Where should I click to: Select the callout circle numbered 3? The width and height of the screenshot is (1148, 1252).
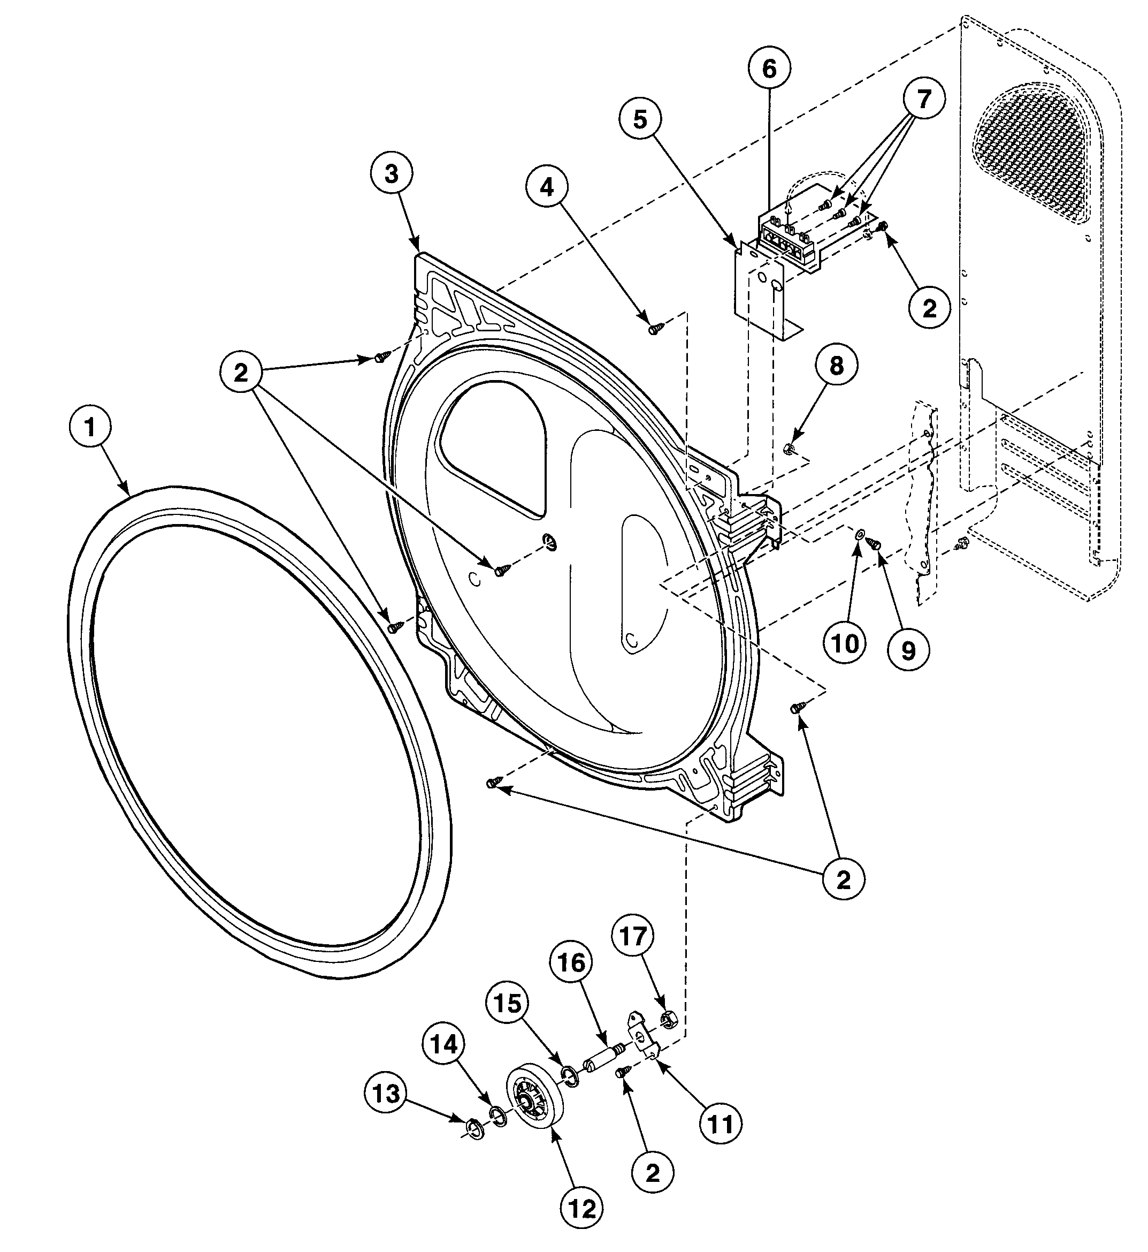tap(392, 174)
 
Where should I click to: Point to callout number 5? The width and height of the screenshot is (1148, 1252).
tap(640, 119)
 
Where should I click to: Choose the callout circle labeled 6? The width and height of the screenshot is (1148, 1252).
tap(769, 69)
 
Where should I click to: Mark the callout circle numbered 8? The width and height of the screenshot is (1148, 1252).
tap(837, 366)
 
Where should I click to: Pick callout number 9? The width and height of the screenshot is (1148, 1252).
tap(908, 651)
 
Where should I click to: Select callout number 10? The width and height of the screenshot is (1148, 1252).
tap(845, 644)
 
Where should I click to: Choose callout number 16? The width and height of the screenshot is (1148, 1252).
tap(571, 963)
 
